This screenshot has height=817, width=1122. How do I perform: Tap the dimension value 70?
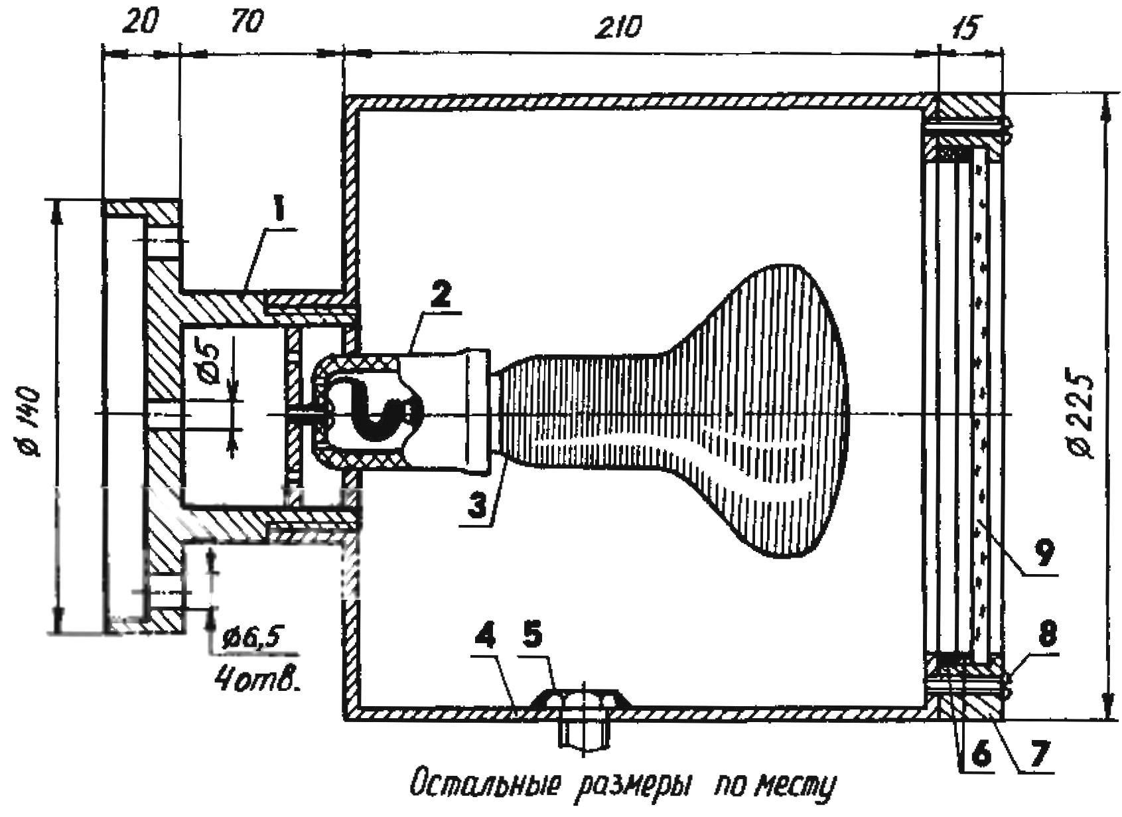(247, 23)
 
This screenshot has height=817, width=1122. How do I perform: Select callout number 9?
(1043, 552)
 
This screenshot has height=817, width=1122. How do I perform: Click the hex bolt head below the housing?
(584, 733)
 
